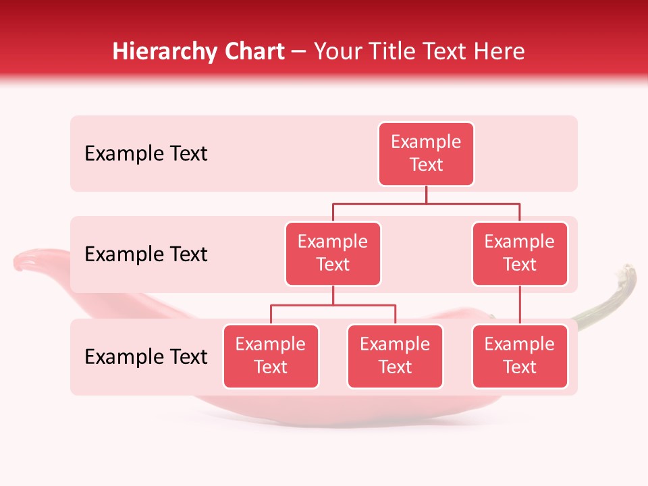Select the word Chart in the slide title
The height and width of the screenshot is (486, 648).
pos(252,51)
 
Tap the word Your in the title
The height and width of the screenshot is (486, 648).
pos(336,51)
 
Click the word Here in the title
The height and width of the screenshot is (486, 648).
pos(500,51)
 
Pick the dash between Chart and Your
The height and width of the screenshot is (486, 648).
pos(298,53)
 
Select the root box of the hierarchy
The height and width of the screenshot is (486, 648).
pos(426,154)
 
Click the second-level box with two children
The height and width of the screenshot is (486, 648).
pos(333,254)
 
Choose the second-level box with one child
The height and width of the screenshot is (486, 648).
pos(520,254)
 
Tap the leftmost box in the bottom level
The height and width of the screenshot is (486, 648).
pos(271,356)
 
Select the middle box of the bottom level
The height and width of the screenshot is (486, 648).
pos(395,356)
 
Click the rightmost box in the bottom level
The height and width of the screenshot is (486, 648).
pos(520,356)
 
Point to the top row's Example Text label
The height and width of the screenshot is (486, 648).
pos(146,154)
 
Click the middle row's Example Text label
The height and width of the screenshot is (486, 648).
pos(146,254)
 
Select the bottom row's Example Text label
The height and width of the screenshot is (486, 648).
pos(146,357)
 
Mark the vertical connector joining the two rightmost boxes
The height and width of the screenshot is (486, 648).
pos(520,305)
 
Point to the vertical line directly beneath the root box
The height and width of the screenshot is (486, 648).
pos(426,194)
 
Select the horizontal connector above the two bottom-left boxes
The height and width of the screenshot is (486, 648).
pos(333,305)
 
